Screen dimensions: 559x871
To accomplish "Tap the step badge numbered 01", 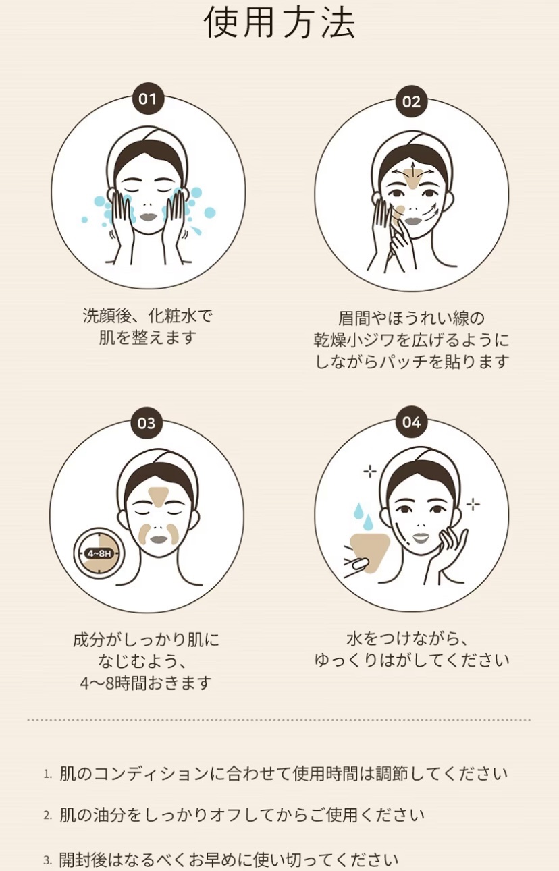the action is [147, 99].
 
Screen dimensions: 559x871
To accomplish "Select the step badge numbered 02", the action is [411, 101].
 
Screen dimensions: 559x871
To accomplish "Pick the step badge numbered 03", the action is [147, 423].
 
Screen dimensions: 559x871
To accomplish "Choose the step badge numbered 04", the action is [411, 422].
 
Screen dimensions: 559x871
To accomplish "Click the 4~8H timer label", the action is [99, 553].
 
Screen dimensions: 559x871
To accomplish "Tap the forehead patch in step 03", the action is [159, 497].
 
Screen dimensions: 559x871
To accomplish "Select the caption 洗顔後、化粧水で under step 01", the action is [147, 316].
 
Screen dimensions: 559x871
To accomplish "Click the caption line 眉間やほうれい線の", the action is [411, 318].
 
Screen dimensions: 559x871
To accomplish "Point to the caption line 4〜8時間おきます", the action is [146, 683].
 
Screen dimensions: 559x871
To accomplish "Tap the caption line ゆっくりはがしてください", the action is [412, 660].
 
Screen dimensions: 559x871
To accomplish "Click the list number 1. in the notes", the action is [47, 774].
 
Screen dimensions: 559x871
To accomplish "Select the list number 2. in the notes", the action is [47, 815].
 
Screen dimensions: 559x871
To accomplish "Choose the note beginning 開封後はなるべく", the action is [228, 860].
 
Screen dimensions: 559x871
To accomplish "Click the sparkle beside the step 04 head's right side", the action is [473, 505].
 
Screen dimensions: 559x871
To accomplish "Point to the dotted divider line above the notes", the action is [279, 720].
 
